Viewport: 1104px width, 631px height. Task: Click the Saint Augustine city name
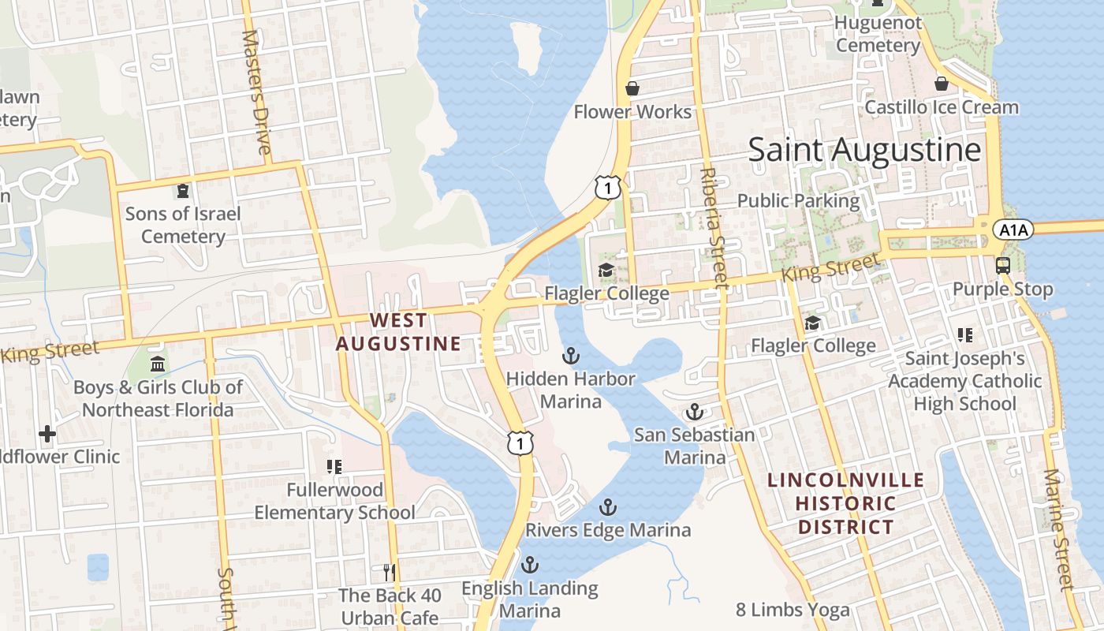click(864, 150)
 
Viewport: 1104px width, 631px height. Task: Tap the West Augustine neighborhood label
click(398, 332)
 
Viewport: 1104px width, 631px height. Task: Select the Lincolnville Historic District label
click(845, 503)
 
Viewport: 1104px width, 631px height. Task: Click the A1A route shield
click(1012, 230)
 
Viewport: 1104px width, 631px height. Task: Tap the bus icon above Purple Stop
click(1003, 265)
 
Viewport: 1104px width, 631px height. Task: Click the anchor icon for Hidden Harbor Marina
click(570, 356)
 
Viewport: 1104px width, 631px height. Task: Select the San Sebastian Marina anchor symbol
click(694, 412)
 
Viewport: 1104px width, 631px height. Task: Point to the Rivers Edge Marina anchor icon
click(607, 507)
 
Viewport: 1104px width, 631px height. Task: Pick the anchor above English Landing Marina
click(530, 565)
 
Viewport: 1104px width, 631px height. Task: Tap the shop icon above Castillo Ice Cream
click(941, 83)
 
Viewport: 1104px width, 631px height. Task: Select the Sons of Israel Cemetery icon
click(183, 190)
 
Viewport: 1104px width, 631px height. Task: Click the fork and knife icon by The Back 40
click(388, 572)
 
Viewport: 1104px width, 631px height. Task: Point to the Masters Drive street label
click(257, 92)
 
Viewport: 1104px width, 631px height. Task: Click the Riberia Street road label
click(711, 226)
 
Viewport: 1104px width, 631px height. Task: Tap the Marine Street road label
click(1059, 529)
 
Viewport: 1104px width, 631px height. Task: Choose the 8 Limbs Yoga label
click(793, 610)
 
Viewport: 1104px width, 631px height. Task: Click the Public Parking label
click(798, 200)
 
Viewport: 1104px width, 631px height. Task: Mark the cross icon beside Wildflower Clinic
click(47, 433)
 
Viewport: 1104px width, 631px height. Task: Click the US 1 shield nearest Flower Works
click(608, 188)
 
